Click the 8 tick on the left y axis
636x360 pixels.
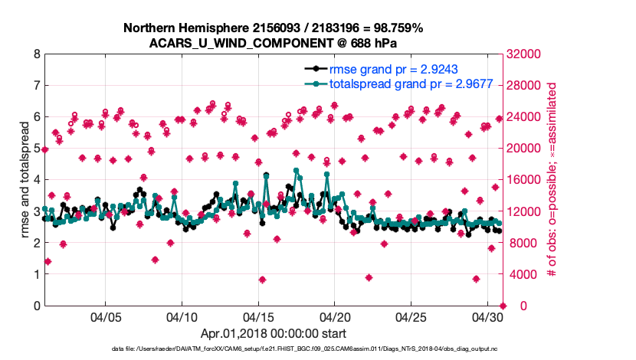(x=37, y=54)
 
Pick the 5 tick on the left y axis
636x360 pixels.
(x=37, y=149)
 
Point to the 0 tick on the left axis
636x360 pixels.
(x=37, y=306)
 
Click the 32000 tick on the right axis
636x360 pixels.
(x=526, y=54)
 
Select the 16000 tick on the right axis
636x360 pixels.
(x=526, y=180)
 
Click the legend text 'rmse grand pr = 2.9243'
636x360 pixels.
(x=393, y=68)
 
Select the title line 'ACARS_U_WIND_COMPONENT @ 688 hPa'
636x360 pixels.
(x=273, y=43)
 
